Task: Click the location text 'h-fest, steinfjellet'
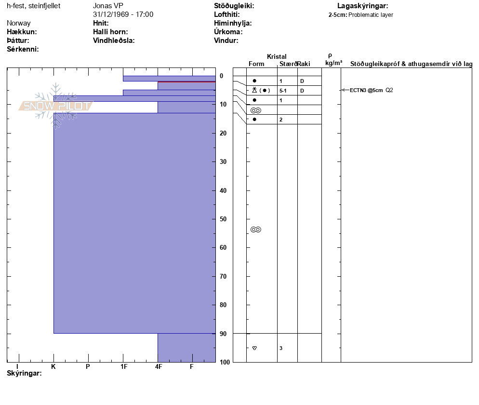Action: click(34, 6)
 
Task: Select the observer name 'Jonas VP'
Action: click(108, 6)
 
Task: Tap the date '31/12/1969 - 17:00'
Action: click(123, 14)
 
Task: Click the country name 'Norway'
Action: click(19, 23)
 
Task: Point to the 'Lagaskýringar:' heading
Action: click(363, 6)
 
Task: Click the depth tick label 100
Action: click(225, 362)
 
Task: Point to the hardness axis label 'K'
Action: click(53, 367)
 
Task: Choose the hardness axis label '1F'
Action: click(124, 367)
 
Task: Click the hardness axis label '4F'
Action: click(158, 367)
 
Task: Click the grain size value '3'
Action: click(281, 348)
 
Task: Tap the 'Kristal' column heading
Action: click(277, 57)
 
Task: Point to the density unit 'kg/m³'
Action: click(333, 63)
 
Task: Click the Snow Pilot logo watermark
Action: click(55, 106)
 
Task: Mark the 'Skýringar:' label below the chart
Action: click(24, 374)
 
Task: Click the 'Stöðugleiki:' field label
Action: click(234, 6)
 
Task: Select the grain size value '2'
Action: click(281, 120)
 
